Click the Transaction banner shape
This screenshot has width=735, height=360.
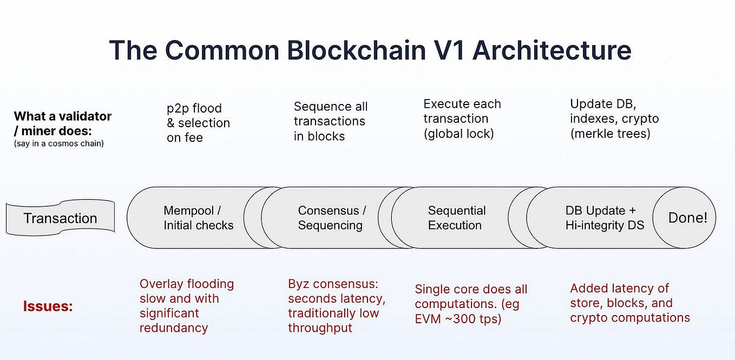pyautogui.click(x=60, y=218)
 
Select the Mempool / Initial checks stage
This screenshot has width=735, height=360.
pyautogui.click(x=198, y=218)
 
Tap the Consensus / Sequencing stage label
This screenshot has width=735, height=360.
pyautogui.click(x=331, y=218)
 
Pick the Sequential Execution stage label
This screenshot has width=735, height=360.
pyautogui.click(x=456, y=218)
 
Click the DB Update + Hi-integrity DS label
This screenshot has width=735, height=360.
pyautogui.click(x=604, y=218)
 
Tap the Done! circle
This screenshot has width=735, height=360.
pyautogui.click(x=687, y=218)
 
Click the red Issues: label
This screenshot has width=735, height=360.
pyautogui.click(x=48, y=306)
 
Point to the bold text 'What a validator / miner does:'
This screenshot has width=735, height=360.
pyautogui.click(x=62, y=123)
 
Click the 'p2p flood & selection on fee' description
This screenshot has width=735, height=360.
pyautogui.click(x=198, y=123)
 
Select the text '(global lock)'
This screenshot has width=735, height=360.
pyautogui.click(x=458, y=134)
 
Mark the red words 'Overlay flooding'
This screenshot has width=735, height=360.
pyautogui.click(x=187, y=284)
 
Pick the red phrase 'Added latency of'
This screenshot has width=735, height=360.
pyautogui.click(x=619, y=288)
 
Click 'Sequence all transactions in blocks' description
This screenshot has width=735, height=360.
pyautogui.click(x=330, y=121)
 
